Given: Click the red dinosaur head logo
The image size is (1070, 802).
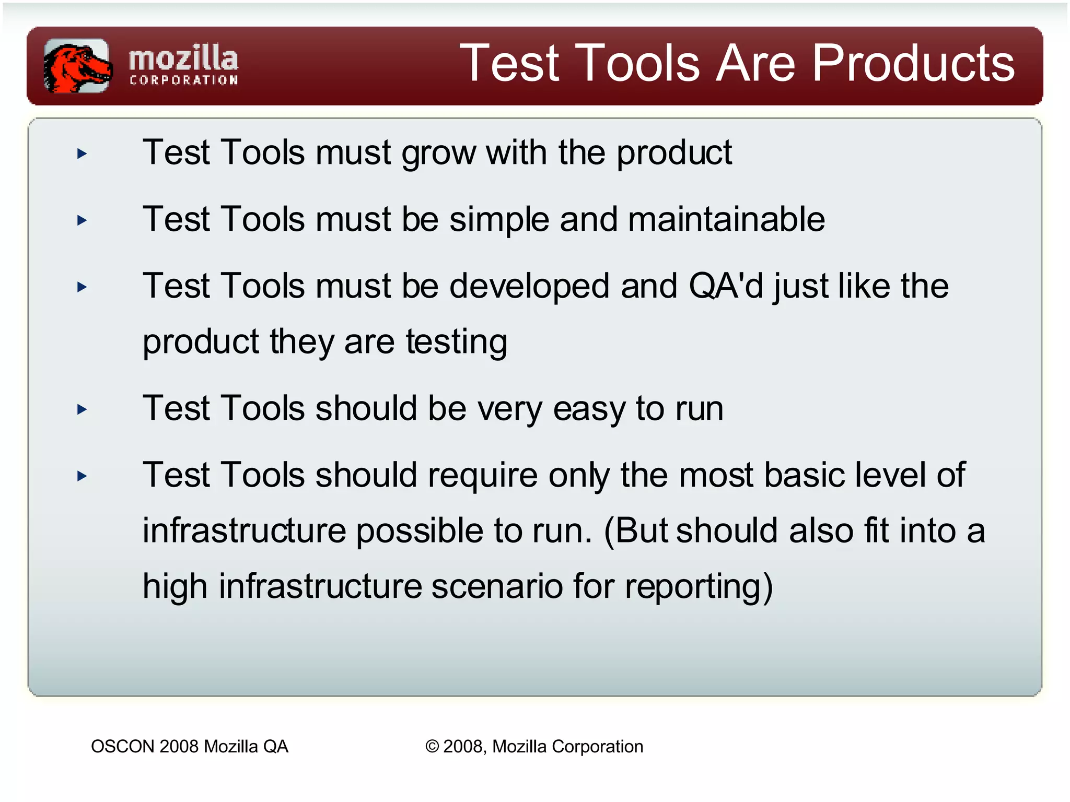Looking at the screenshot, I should tap(77, 66).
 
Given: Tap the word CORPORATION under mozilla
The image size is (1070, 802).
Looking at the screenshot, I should tap(183, 80).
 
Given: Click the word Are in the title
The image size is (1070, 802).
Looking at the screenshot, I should tap(755, 63).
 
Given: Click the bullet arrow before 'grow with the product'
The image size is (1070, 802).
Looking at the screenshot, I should tap(82, 154).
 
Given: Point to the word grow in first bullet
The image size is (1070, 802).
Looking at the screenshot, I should tap(438, 154).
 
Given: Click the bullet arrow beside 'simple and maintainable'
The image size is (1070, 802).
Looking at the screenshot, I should tap(82, 220).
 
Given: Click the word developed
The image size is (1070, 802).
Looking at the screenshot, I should tap(529, 286).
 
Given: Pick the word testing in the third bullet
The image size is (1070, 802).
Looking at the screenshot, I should tap(456, 342).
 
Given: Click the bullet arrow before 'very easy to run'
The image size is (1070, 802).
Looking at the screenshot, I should tap(82, 409).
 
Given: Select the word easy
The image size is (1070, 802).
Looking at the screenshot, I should tap(589, 409).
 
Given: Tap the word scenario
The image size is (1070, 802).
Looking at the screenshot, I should tap(497, 586).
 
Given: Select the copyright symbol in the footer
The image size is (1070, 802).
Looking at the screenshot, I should tap(432, 747).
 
